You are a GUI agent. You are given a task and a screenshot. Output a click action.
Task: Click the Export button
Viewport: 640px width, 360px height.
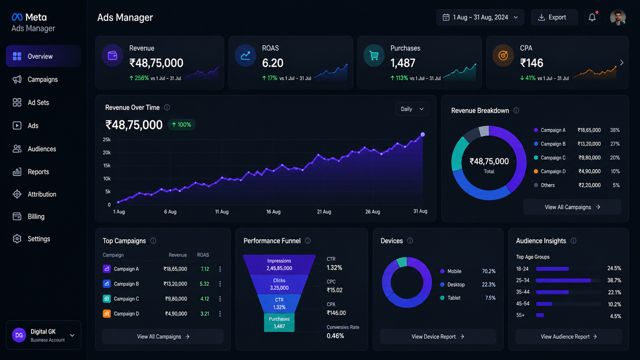point(554,18)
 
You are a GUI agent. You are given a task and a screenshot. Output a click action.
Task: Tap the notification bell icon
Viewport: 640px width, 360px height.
point(592,18)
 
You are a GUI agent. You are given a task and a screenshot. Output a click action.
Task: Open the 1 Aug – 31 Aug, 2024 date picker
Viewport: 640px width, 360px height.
point(480,18)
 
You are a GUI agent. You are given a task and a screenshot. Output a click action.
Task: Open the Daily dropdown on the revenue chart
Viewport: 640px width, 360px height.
point(412,109)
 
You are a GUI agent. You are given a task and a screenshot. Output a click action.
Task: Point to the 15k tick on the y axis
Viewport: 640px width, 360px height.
point(107,166)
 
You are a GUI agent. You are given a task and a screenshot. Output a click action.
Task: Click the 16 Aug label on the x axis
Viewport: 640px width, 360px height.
point(274,212)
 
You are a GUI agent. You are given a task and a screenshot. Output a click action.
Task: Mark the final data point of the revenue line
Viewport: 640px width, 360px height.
point(422,134)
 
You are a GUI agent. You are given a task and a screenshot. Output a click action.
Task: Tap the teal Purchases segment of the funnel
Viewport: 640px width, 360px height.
point(279,323)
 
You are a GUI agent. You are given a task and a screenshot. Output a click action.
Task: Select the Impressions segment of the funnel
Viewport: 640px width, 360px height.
point(279,265)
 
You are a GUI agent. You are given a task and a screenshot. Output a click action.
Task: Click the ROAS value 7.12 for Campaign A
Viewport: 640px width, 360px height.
point(205,269)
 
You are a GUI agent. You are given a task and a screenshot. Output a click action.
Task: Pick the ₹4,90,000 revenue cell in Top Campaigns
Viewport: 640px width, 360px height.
point(176,314)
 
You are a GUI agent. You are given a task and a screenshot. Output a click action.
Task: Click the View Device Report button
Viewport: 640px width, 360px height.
point(438,337)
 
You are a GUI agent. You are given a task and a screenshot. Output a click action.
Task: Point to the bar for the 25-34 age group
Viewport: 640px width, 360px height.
point(563,281)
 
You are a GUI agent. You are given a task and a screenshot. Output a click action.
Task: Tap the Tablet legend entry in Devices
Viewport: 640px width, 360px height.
point(450,298)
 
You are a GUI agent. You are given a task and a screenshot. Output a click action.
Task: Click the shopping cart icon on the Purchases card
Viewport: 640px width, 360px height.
point(374,55)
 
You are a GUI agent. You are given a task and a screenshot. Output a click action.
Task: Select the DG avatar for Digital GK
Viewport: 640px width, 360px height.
point(19,335)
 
